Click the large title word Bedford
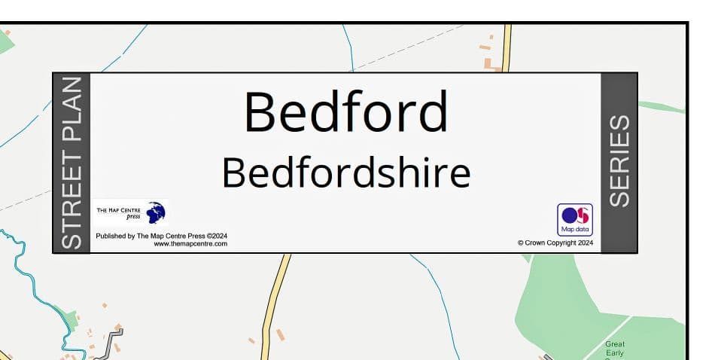click(x=345, y=113)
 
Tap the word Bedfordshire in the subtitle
click(x=345, y=173)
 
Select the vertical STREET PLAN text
click(x=71, y=163)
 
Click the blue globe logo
click(x=156, y=212)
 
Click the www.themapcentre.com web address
click(x=190, y=244)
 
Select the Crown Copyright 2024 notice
click(x=555, y=243)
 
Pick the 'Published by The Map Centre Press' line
click(x=161, y=236)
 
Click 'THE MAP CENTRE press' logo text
click(x=119, y=212)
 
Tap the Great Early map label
click(x=615, y=349)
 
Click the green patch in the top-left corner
click(x=5, y=41)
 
